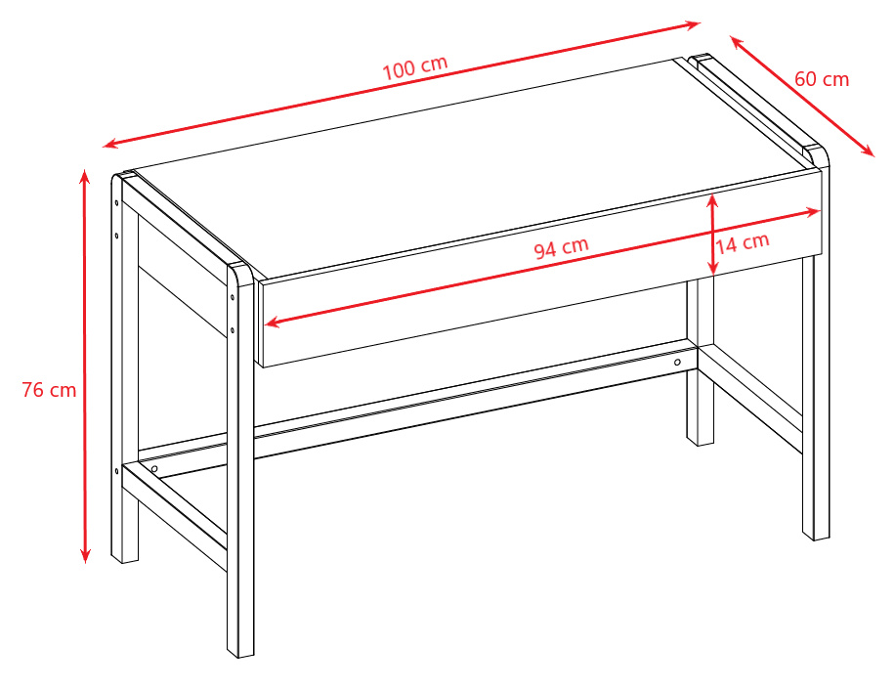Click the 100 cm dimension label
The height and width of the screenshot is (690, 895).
[x=414, y=67]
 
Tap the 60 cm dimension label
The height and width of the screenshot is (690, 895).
[x=822, y=79]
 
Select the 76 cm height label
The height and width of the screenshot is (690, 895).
[x=49, y=390]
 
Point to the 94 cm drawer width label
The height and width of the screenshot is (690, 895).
[x=561, y=247]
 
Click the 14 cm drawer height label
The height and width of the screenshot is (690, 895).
[x=743, y=243]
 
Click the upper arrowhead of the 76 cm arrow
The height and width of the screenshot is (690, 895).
[x=85, y=177]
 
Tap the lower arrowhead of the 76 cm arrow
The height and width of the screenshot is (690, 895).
[x=85, y=555]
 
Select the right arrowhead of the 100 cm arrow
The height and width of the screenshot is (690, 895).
[x=693, y=25]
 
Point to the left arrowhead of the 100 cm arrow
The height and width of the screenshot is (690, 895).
[x=110, y=144]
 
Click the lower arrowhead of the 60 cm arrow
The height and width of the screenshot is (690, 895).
[x=868, y=151]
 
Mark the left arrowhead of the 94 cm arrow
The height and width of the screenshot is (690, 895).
[x=273, y=323]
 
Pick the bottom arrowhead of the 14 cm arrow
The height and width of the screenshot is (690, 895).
[x=712, y=268]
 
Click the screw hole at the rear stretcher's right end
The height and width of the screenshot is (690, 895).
[x=677, y=363]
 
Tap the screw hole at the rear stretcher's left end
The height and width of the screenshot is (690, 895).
[x=154, y=469]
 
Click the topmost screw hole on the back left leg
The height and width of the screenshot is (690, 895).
[x=117, y=202]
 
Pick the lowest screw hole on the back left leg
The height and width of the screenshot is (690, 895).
[x=117, y=471]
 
